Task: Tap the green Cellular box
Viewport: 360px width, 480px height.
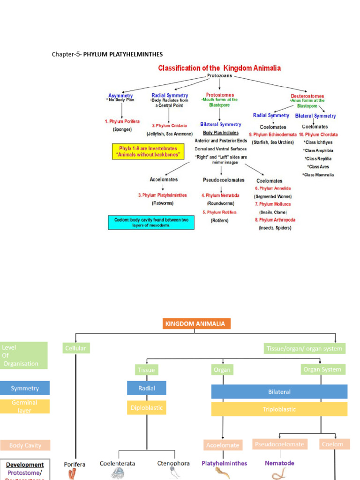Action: (75, 348)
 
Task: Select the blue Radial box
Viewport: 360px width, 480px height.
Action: (146, 388)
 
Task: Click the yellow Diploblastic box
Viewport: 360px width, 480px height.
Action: (146, 408)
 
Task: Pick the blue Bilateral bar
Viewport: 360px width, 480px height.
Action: (279, 392)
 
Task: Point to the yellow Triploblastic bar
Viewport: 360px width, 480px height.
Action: (279, 409)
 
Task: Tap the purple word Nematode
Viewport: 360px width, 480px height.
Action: (279, 463)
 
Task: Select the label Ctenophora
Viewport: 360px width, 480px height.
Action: (173, 463)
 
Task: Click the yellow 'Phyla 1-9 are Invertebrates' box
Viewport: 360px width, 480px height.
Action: (148, 151)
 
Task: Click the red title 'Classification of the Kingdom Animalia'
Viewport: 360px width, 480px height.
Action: (219, 68)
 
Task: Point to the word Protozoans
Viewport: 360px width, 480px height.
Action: (219, 75)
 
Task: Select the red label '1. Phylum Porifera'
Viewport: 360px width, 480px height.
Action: (122, 121)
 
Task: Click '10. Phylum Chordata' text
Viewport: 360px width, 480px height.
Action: (319, 135)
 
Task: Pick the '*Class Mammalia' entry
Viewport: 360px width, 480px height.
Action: (318, 175)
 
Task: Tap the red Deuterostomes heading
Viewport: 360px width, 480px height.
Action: (307, 96)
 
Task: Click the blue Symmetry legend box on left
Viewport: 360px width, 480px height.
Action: (25, 388)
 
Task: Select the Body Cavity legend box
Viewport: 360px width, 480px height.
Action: (25, 445)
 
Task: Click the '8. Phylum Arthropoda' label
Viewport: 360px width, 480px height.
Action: (275, 220)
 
